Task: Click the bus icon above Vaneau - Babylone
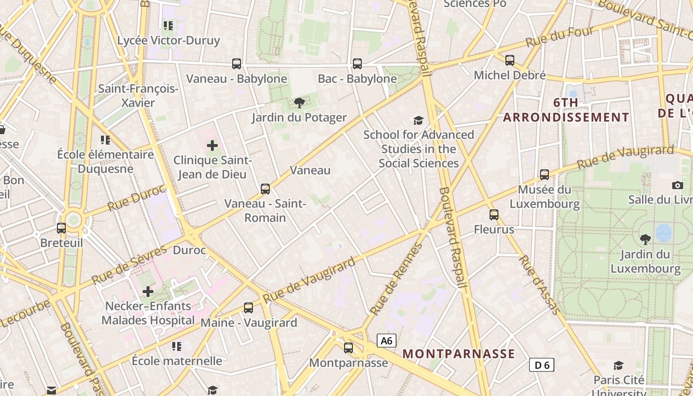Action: [x=237, y=63]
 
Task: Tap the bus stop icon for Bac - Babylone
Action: [x=357, y=63]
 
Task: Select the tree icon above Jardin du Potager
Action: [x=299, y=103]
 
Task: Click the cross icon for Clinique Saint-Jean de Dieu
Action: [x=212, y=146]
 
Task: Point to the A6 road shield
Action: [x=387, y=341]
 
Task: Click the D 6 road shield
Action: [x=542, y=365]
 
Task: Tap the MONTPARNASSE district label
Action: [x=459, y=354]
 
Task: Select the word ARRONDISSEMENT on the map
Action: [x=566, y=117]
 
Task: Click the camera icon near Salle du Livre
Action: [x=678, y=185]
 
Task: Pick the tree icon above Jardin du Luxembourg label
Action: [x=645, y=240]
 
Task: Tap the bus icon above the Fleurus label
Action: [x=494, y=215]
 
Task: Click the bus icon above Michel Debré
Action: [x=510, y=60]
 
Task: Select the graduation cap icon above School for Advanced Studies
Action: [x=419, y=120]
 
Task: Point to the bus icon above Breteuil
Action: [x=61, y=228]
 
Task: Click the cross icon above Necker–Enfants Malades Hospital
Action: [x=148, y=292]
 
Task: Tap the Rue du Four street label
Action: [x=559, y=37]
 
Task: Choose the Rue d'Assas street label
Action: [x=540, y=285]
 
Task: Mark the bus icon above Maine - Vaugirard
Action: [x=248, y=308]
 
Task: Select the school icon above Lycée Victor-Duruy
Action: [x=168, y=25]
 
